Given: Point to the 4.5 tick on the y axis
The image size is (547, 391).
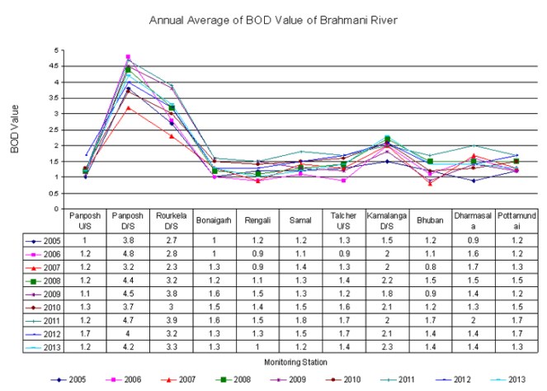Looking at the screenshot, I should (x=57, y=66).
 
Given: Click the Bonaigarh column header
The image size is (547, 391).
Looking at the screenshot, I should (x=214, y=222).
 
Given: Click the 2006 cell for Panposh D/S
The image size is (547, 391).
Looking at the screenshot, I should (x=128, y=252).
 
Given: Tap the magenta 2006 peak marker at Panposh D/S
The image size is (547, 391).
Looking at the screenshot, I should (x=128, y=57).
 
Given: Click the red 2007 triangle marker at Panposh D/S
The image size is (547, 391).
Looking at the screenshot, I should (x=128, y=107).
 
